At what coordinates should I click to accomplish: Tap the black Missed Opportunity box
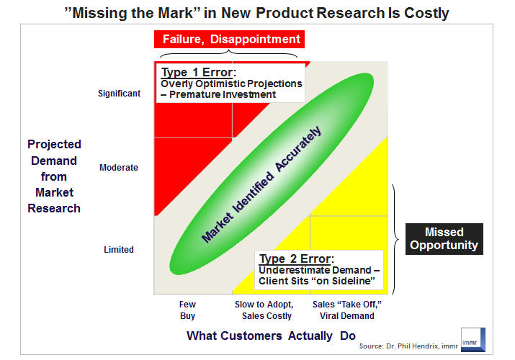click(x=444, y=239)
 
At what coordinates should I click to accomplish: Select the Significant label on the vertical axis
click(x=119, y=94)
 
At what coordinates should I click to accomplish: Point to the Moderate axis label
click(x=119, y=168)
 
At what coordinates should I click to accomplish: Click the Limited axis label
click(x=119, y=250)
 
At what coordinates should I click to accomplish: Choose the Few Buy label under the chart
click(x=187, y=310)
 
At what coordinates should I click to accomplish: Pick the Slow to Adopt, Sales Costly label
click(x=264, y=310)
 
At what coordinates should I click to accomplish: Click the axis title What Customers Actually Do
click(x=272, y=336)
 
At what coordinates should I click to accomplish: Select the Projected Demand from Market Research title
click(x=54, y=176)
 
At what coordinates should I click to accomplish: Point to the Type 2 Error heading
click(x=296, y=258)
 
